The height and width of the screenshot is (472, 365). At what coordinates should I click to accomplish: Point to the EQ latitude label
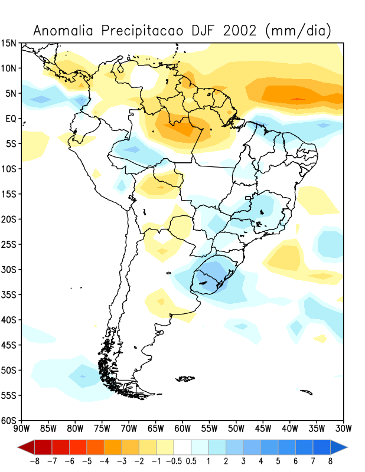11,119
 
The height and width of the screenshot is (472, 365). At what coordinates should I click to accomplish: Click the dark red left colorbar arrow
25,446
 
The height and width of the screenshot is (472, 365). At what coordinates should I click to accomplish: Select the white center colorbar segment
182,446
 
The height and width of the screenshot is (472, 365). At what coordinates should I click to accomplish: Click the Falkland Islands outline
186,378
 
